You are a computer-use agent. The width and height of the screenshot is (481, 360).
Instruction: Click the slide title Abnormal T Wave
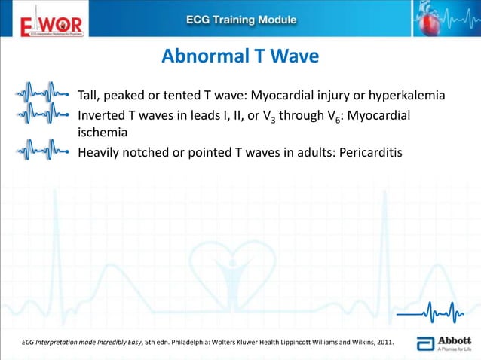240,56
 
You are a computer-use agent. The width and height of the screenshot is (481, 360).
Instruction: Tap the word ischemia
103,132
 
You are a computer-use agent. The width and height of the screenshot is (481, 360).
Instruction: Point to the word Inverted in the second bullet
103,117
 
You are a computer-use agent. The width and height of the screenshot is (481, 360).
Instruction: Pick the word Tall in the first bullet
89,96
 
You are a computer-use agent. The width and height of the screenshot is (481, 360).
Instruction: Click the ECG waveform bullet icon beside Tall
44,96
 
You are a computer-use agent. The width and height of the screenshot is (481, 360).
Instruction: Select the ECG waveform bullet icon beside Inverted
44,117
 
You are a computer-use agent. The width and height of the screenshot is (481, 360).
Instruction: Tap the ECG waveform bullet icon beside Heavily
44,148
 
